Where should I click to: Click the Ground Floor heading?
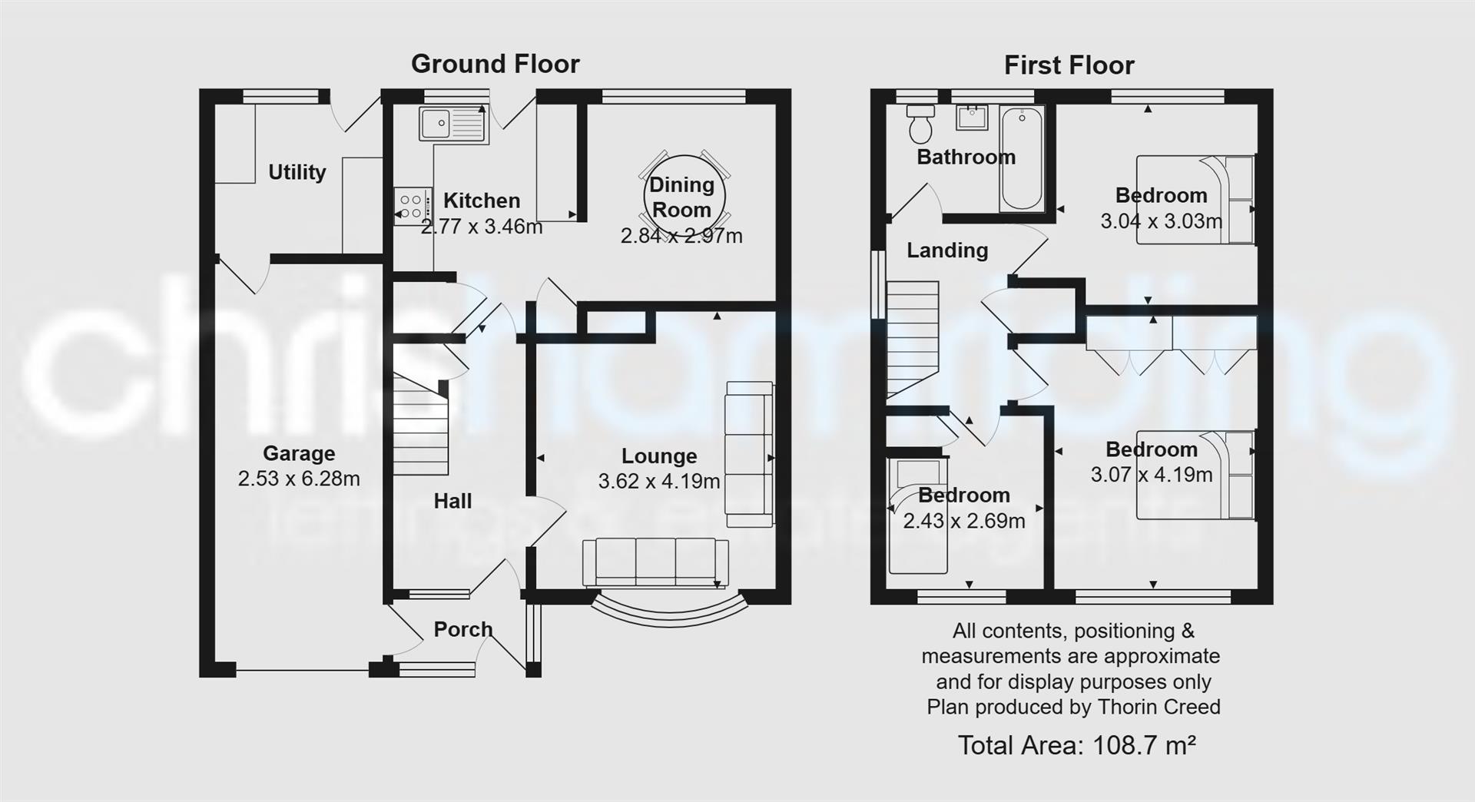495,64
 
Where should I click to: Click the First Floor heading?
1069,65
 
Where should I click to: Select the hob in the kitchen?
412,206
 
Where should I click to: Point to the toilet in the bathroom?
920,124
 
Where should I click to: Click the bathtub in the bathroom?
1022,157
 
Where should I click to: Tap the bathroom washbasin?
972,118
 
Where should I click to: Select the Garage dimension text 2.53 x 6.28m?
299,479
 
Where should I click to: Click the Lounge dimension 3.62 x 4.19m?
659,482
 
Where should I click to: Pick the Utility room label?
297,172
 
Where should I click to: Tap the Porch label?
462,629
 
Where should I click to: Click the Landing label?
947,250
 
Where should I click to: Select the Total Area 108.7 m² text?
1076,745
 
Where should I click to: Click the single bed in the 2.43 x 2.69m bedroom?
918,516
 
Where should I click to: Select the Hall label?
452,502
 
